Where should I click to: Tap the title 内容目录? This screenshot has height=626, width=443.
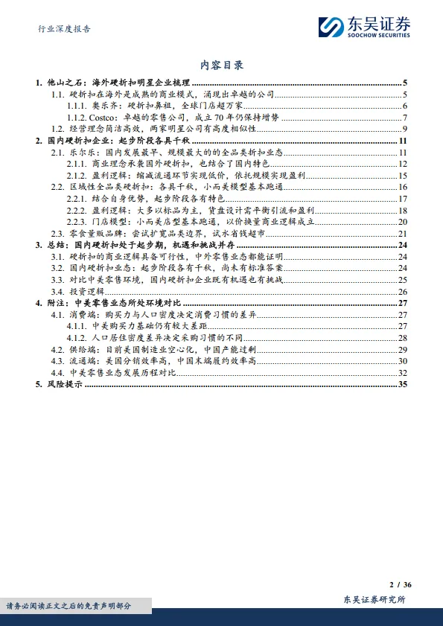(222, 66)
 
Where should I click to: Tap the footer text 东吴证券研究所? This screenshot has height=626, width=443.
(375, 600)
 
